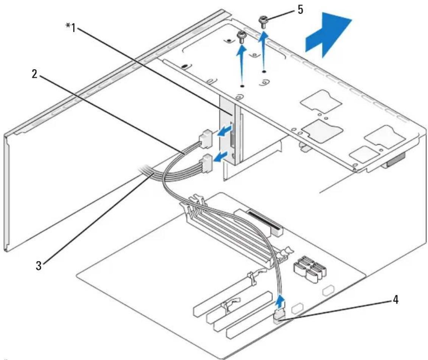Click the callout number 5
pos(300,10)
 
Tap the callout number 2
pos(34,74)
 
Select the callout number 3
pos(39,265)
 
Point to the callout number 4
pos(395,300)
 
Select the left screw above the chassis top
pos(240,37)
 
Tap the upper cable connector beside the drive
pos(205,138)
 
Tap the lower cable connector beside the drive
pos(207,163)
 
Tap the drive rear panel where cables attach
pos(227,131)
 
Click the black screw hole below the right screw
pos(264,72)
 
